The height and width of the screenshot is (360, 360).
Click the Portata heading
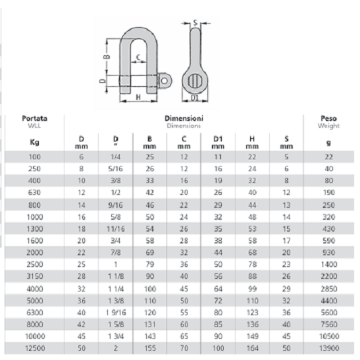click(34, 118)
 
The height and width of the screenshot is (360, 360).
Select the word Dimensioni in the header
click(184, 118)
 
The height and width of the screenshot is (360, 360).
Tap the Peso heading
click(329, 118)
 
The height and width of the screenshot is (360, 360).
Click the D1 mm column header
click(218, 142)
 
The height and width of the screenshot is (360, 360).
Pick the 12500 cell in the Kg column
click(35, 348)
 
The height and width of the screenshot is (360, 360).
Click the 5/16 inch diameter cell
click(115, 168)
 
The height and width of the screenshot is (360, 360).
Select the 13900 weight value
click(329, 348)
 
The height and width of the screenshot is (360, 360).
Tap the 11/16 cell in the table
click(115, 228)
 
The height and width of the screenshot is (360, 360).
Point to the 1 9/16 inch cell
click(116, 313)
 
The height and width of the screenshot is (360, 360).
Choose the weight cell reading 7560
click(329, 324)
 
